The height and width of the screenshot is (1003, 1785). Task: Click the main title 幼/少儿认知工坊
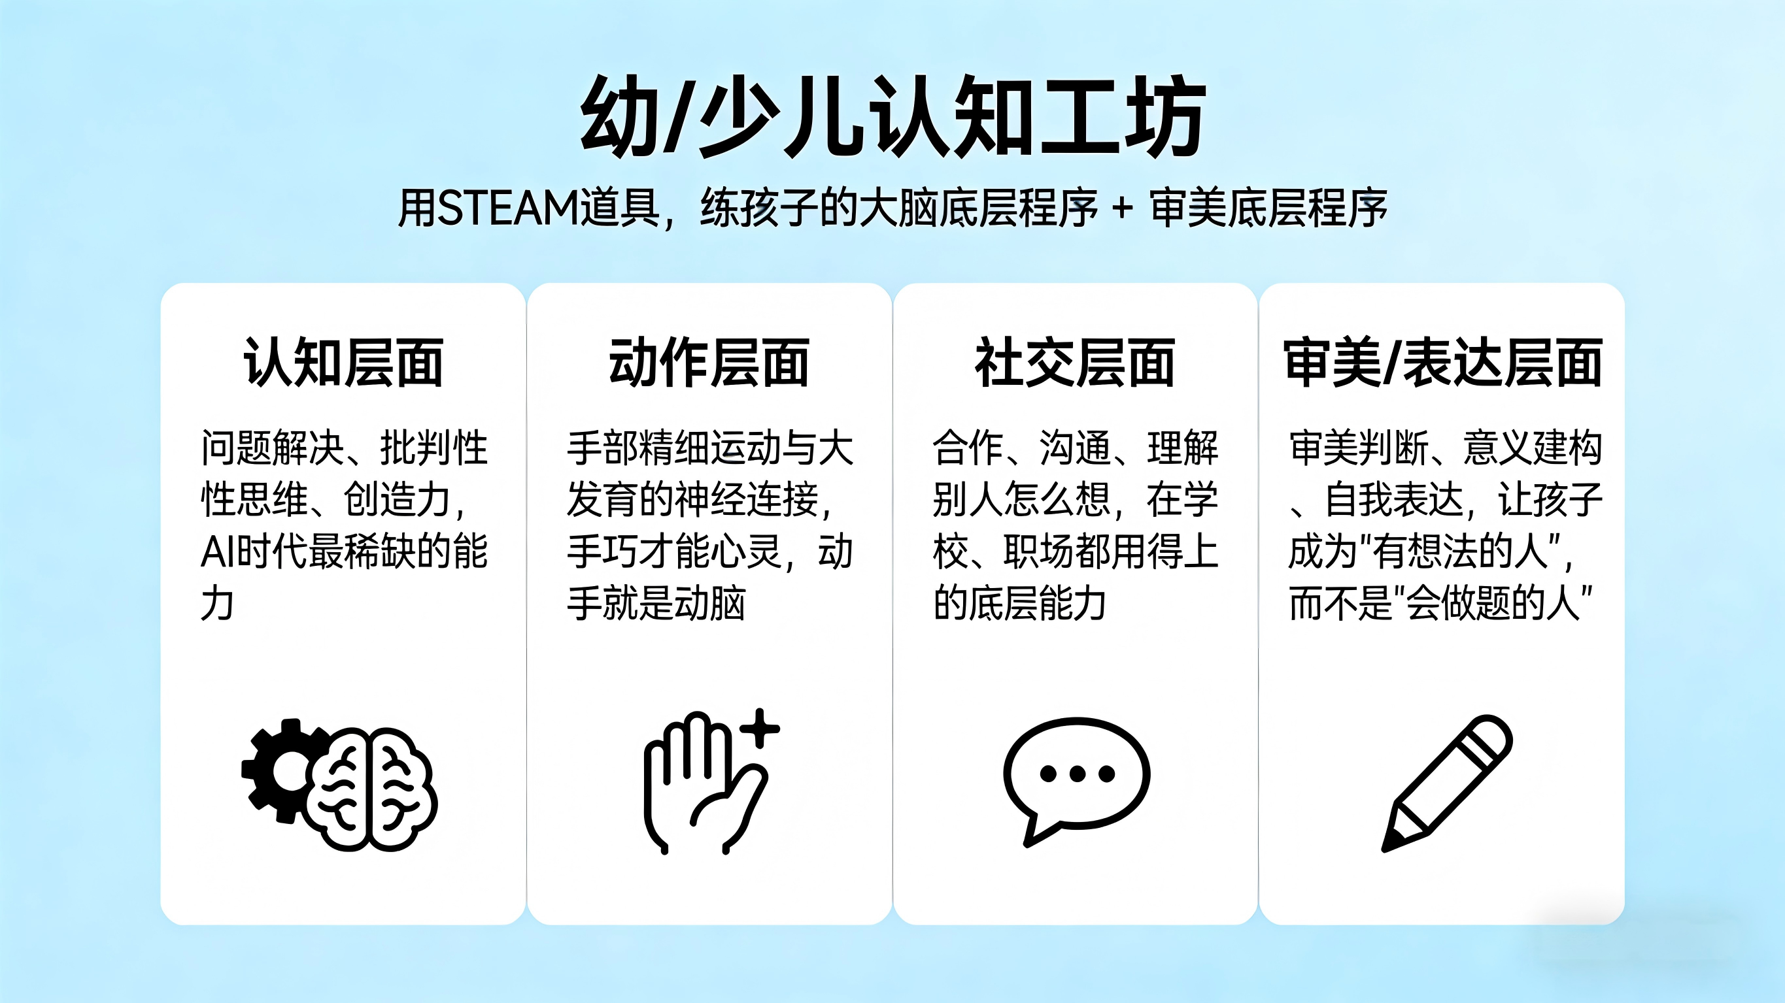coord(892,116)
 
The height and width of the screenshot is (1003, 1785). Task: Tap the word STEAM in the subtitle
coord(508,208)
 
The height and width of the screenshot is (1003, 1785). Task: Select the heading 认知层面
coord(343,362)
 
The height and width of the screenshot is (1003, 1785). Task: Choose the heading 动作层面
coord(709,362)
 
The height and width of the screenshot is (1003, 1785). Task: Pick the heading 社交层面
coord(1075,362)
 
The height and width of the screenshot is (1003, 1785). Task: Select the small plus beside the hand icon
coord(760,728)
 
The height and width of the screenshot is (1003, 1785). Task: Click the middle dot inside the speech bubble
coord(1077,773)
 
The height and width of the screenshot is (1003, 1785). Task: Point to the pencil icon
coord(1447,783)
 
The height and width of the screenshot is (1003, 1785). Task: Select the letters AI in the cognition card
coord(218,552)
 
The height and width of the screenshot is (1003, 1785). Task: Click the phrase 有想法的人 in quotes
coord(1461,552)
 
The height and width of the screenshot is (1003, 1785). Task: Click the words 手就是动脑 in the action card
coord(656,603)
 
